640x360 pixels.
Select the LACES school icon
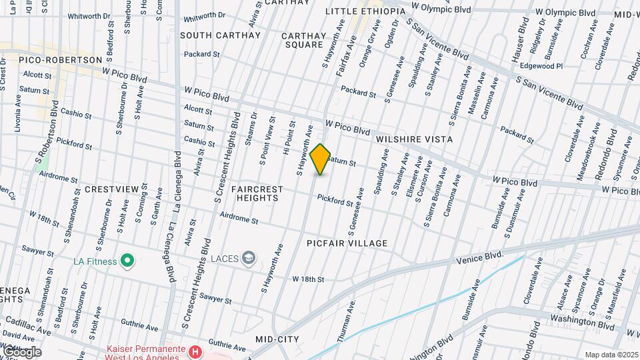tap(249, 258)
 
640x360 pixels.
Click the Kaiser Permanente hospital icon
tap(195, 351)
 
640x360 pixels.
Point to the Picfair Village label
tap(347, 243)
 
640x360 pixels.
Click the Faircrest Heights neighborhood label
tap(257, 194)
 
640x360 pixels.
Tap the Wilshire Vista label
tap(414, 139)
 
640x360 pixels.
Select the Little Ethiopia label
tap(365, 12)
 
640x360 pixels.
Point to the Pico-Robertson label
tap(60, 60)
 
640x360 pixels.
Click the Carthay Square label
tap(304, 40)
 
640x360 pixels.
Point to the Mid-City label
tap(277, 339)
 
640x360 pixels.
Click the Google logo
tap(21, 351)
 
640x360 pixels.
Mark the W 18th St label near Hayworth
tap(307, 279)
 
